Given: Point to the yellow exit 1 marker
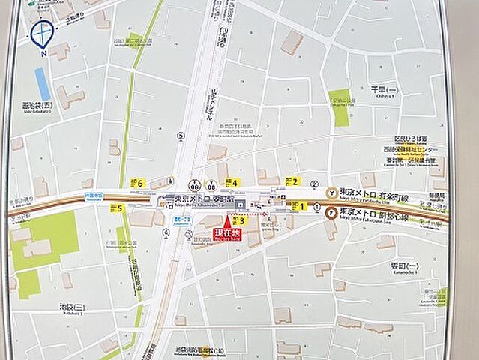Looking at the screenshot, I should pos(299,205).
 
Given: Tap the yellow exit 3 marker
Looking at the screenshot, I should pos(238,220).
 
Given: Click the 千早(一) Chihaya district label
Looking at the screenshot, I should pos(382,88).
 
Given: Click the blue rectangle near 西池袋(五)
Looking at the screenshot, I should pos(43,83).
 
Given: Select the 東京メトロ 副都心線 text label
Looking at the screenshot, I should pos(373,213).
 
